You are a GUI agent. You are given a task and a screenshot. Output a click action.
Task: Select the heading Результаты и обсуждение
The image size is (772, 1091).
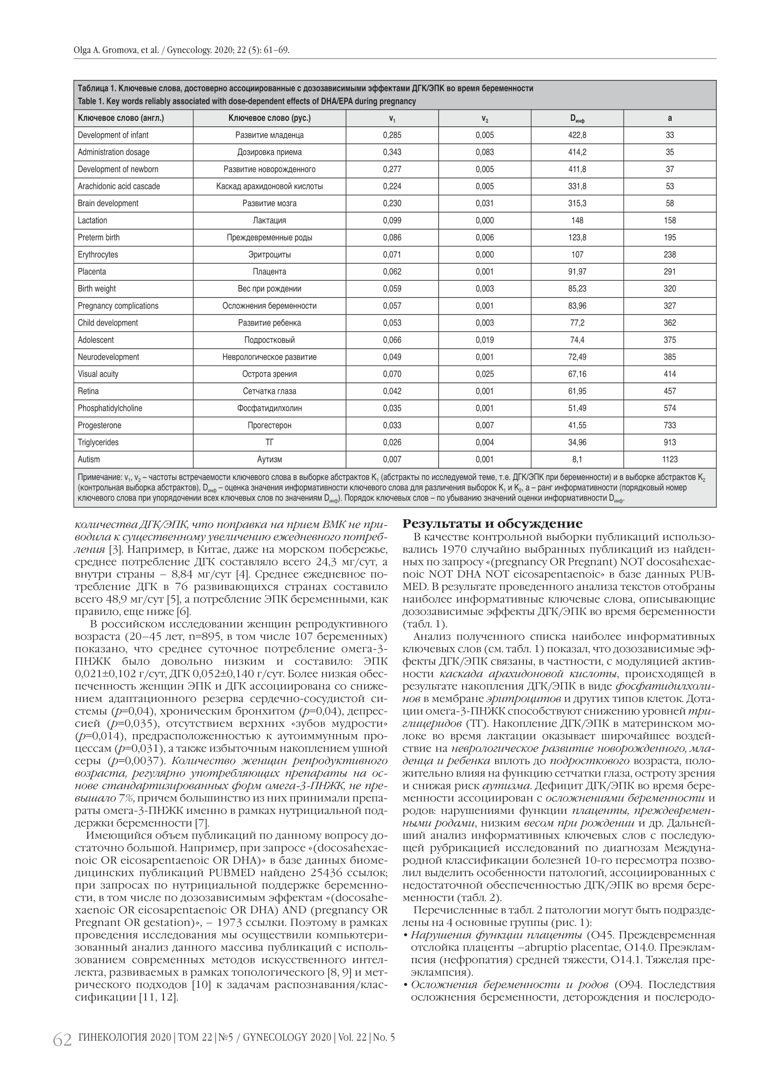click(x=492, y=524)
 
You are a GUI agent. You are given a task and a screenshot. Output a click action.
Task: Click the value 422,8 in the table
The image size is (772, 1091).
click(x=577, y=135)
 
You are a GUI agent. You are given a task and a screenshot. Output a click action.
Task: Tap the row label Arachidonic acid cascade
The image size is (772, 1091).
click(x=119, y=186)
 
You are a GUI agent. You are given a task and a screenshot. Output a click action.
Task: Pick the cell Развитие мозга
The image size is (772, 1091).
click(x=269, y=203)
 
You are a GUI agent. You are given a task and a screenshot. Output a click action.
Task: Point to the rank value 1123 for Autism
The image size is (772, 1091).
click(x=669, y=459)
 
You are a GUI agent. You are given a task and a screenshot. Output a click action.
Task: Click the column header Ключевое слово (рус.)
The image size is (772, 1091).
click(x=269, y=118)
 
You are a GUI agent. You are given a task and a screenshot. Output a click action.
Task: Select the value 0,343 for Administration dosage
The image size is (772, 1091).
click(x=392, y=153)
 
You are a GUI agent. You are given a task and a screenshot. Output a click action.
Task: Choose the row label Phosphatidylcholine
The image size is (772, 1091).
click(x=110, y=408)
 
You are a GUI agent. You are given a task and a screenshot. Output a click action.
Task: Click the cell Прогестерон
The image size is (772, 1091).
click(x=269, y=425)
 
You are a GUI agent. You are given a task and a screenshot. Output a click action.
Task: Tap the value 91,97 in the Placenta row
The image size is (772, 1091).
click(x=577, y=272)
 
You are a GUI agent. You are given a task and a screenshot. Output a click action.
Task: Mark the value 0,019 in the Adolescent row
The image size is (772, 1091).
click(x=484, y=340)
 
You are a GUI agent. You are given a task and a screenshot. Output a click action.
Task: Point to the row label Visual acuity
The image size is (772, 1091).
click(x=98, y=374)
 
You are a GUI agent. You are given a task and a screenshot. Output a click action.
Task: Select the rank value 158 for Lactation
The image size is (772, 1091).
click(x=669, y=221)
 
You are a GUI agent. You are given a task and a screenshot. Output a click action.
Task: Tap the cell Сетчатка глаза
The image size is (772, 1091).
click(x=269, y=391)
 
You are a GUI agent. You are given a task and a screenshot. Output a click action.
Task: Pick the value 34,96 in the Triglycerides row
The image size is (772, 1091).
click(x=577, y=442)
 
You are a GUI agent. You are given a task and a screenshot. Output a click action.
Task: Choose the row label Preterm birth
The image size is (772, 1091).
click(x=98, y=237)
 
